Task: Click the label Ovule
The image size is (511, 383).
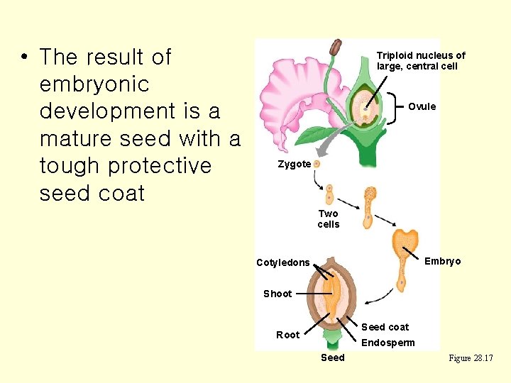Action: [x=422, y=106]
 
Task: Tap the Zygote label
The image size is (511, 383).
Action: [x=294, y=164]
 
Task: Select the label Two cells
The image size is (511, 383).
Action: [x=329, y=218]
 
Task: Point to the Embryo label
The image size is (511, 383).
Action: [x=442, y=261]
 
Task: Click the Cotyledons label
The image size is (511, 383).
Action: [x=282, y=262]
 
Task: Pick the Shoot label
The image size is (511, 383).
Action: [x=278, y=293]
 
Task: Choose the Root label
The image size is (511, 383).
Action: [x=287, y=335]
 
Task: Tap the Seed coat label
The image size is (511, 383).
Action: [x=385, y=327]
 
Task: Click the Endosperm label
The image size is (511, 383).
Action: [x=388, y=343]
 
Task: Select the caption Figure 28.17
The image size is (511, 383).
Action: [x=471, y=358]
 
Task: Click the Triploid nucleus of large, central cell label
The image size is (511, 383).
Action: [x=420, y=60]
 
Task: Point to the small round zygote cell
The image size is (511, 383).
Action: [x=317, y=163]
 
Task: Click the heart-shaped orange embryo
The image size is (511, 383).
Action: [x=406, y=241]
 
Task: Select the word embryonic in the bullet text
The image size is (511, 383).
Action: [x=94, y=84]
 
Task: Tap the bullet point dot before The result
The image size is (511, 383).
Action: [x=24, y=57]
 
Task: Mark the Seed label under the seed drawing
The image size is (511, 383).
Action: [x=332, y=357]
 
